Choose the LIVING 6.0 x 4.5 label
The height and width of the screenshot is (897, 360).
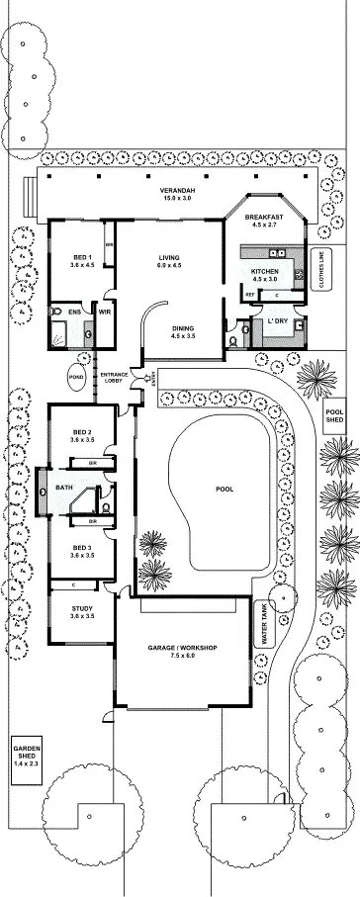(169, 262)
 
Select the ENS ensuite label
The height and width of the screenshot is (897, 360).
(74, 313)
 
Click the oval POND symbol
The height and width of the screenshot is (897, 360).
(76, 377)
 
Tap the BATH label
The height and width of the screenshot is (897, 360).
(64, 488)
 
